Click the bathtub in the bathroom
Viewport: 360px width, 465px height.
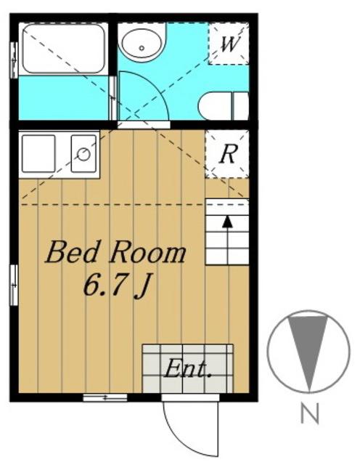[63, 49]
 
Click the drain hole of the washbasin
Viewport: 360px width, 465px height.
[142, 48]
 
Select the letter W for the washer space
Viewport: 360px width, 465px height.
[229, 44]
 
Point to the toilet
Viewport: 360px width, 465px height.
[223, 106]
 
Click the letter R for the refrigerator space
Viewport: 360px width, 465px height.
[228, 154]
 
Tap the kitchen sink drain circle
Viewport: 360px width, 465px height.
[83, 154]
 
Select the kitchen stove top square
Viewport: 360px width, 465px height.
[38, 153]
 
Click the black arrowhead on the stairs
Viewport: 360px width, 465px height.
[227, 222]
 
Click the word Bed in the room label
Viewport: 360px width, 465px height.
[72, 252]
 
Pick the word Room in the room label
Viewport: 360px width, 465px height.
[147, 253]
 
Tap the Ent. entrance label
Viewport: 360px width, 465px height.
[188, 368]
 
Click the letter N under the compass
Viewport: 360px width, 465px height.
[309, 413]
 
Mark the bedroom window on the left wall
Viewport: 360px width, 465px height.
[14, 285]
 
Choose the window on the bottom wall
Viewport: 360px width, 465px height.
[105, 397]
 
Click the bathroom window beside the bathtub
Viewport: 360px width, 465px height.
[14, 60]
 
